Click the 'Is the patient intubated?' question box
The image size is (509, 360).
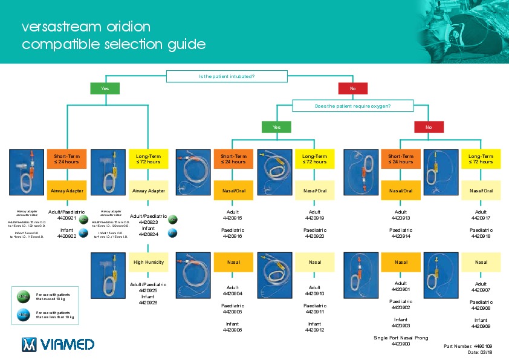click(x=226, y=76)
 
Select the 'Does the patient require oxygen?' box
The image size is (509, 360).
click(x=352, y=106)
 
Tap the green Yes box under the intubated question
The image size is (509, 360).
click(x=105, y=89)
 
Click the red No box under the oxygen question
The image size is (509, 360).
click(x=429, y=127)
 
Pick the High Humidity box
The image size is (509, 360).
click(x=149, y=262)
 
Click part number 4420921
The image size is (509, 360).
click(x=66, y=218)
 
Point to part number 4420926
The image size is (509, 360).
click(x=148, y=303)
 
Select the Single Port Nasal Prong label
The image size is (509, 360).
click(x=401, y=337)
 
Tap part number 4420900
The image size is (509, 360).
click(x=401, y=344)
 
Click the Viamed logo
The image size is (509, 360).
click(x=58, y=344)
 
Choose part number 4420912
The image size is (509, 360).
click(x=315, y=330)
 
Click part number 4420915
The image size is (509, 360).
click(x=232, y=218)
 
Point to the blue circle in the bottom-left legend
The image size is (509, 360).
click(x=22, y=315)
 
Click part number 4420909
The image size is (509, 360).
click(x=481, y=327)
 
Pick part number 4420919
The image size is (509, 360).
click(x=315, y=218)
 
